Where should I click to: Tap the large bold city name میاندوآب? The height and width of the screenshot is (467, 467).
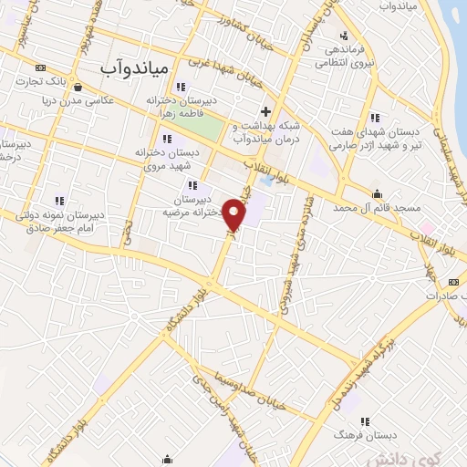click(134, 67)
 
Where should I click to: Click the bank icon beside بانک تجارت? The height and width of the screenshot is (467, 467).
click(41, 67)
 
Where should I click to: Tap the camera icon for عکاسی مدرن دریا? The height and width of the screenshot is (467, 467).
click(78, 88)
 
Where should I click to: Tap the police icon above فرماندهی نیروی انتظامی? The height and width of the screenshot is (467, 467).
click(343, 36)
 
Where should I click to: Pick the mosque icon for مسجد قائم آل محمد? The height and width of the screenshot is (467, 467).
click(377, 193)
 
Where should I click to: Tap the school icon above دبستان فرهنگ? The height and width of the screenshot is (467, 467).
click(366, 421)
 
